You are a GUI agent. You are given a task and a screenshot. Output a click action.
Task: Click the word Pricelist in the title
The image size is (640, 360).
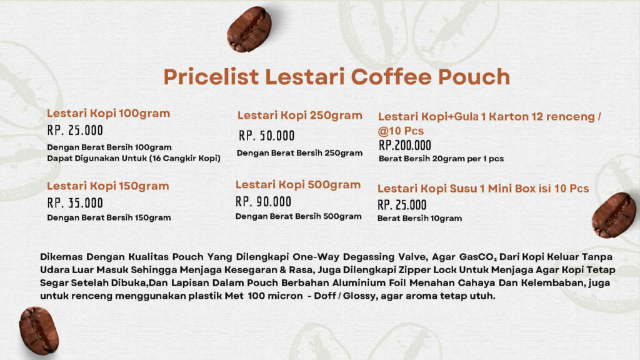pyautogui.click(x=211, y=77)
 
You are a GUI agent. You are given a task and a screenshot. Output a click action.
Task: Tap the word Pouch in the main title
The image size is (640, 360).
pyautogui.click(x=474, y=77)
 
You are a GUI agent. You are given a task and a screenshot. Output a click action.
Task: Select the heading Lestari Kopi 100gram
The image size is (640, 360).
pyautogui.click(x=108, y=113)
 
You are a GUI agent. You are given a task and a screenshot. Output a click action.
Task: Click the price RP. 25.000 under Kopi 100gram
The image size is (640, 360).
pyautogui.click(x=75, y=130)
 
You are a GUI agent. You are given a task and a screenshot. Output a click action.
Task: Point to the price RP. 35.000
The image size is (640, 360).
pyautogui.click(x=75, y=203)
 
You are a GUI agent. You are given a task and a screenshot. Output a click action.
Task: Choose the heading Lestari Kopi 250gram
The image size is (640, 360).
pyautogui.click(x=299, y=116)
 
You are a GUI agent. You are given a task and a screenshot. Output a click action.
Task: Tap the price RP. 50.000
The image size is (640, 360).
pyautogui.click(x=266, y=136)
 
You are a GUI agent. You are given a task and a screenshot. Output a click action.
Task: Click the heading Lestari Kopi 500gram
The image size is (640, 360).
pyautogui.click(x=298, y=184)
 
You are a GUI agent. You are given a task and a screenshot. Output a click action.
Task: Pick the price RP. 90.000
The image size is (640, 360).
pyautogui.click(x=263, y=202)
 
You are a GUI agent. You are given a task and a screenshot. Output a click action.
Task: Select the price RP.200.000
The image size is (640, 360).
pyautogui.click(x=405, y=145)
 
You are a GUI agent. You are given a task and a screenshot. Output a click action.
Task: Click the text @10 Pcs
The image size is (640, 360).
pyautogui.click(x=401, y=131)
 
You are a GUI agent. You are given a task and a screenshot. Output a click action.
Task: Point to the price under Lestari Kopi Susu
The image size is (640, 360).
pyautogui.click(x=402, y=205)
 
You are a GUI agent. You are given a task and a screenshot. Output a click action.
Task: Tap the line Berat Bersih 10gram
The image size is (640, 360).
pyautogui.click(x=419, y=218)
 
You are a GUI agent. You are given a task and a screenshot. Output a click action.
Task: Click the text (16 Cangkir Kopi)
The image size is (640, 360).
pyautogui.click(x=185, y=158)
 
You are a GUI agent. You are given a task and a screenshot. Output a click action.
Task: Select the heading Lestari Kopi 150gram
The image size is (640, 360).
pyautogui.click(x=107, y=186)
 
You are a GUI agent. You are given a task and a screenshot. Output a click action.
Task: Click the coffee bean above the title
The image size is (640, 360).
pyautogui.click(x=249, y=29)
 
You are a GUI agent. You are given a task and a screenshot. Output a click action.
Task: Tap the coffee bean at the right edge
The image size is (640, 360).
pyautogui.click(x=614, y=216)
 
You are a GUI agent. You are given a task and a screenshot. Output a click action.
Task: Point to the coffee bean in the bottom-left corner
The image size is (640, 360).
pyautogui.click(x=39, y=331)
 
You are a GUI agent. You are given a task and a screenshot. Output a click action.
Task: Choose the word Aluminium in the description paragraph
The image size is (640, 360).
pyautogui.click(x=356, y=283)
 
